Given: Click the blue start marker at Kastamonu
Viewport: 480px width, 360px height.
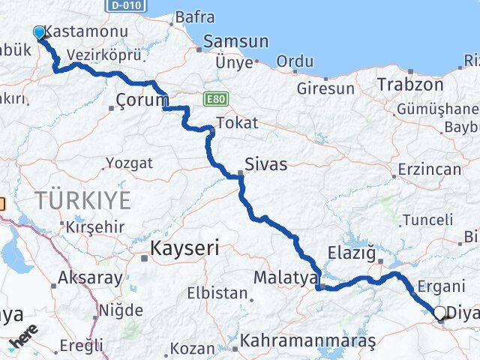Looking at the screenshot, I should coord(39,32).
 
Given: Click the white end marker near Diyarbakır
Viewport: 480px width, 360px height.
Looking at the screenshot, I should coord(439,313).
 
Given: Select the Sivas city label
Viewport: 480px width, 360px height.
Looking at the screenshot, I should coord(266,164).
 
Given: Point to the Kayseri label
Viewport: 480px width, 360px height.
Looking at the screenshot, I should coord(184,248).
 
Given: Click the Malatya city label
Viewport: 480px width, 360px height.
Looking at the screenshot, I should coord(285,277).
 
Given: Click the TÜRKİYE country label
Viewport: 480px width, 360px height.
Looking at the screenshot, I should coord(82,200).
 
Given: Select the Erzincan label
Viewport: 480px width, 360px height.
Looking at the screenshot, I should coord(430,169).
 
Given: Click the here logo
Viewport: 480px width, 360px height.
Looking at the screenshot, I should coord(24,337).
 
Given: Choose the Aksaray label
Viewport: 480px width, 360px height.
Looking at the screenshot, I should coord(91,278).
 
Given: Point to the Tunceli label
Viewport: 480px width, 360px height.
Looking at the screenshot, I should coord(427,220).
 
